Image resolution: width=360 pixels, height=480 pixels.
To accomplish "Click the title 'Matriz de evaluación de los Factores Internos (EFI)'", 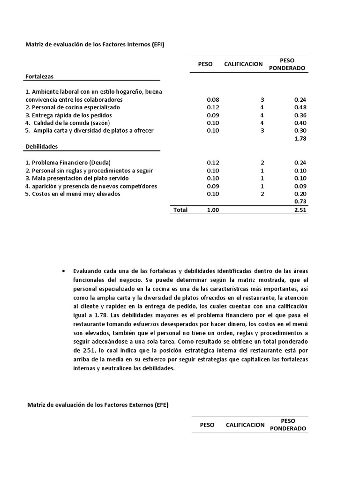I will pos(94,45).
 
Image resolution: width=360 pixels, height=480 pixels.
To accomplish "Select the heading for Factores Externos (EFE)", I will pos(97,405).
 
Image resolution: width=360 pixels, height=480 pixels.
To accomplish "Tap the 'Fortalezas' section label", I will pos(40,76).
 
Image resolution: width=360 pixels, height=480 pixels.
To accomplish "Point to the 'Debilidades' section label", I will pos(42,146).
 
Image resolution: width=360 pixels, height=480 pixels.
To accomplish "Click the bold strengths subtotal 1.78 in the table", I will pos(300,138).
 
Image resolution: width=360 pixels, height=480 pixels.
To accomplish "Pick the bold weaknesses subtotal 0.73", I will pos(300,202).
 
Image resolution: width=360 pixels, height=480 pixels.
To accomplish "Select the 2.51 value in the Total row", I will pos(300,210).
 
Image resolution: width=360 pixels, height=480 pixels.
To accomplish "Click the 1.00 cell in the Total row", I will pos(212,210).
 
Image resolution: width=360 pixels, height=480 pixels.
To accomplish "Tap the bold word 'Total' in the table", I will pos(180,210).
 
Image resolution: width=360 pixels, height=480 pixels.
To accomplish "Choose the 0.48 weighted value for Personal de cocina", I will pos(300,107).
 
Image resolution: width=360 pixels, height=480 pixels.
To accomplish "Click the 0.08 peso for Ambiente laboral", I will pos(212,100).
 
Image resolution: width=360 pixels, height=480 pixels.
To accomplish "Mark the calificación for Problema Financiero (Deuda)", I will pos(262,163).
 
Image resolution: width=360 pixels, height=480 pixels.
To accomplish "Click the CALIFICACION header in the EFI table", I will pos(243,64).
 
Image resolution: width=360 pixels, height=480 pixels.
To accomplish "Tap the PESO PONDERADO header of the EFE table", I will pos(288,425).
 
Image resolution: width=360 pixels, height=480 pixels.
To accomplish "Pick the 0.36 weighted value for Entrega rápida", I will pos(300,115).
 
